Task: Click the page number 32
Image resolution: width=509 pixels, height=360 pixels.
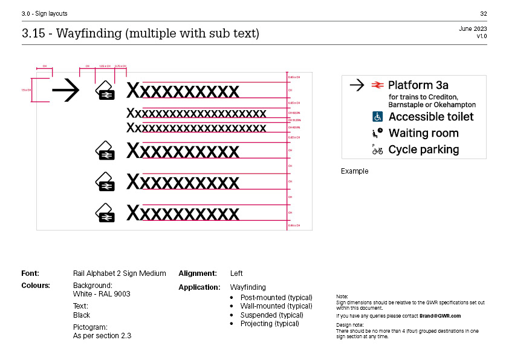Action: coord(484,13)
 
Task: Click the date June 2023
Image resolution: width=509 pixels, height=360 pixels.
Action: coord(473,28)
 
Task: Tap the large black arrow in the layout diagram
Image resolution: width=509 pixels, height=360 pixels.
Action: coord(66,91)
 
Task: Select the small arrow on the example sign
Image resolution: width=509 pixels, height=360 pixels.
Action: coord(357,85)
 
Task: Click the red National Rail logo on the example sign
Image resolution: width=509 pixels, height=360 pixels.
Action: coord(377,85)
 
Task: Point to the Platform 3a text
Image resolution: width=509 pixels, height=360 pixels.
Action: coord(418,85)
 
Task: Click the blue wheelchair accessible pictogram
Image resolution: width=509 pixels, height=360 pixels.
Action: coord(377,117)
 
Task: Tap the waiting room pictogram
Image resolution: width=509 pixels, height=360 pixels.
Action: coord(377,133)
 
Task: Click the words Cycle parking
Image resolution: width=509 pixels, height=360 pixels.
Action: coord(424,149)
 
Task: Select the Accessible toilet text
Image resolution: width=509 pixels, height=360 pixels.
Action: coord(431,117)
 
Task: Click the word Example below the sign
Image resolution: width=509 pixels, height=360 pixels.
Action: coord(354,171)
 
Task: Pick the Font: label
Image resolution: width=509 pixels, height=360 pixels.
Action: coord(30,273)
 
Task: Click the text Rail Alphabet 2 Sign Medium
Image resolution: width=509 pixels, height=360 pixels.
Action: coord(119,273)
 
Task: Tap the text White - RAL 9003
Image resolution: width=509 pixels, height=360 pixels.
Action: coord(102,294)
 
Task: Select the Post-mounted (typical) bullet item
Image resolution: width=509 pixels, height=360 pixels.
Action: coord(276,298)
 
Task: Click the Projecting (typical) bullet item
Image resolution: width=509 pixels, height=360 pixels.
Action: coord(270,324)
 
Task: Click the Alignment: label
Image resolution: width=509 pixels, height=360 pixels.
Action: coord(198,273)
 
